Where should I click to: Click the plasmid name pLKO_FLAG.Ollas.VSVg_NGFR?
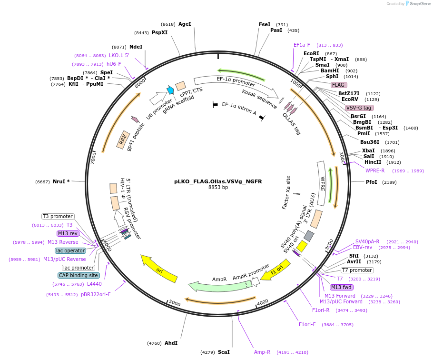[x=218, y=181]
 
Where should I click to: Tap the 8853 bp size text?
[x=218, y=188]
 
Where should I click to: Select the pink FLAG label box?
[x=338, y=85]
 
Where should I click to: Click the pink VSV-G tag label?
[x=358, y=108]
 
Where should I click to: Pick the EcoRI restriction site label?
[x=311, y=53]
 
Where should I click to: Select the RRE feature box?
[x=124, y=138]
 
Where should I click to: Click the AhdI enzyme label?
[x=171, y=343]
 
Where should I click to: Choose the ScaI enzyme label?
[x=224, y=352]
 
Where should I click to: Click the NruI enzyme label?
[x=61, y=181]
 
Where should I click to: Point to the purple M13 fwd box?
[x=341, y=287]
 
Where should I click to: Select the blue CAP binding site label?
[x=79, y=275]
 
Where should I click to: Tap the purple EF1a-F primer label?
[x=302, y=45]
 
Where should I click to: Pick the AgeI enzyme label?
[x=185, y=24]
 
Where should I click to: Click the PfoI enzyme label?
[x=372, y=182]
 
